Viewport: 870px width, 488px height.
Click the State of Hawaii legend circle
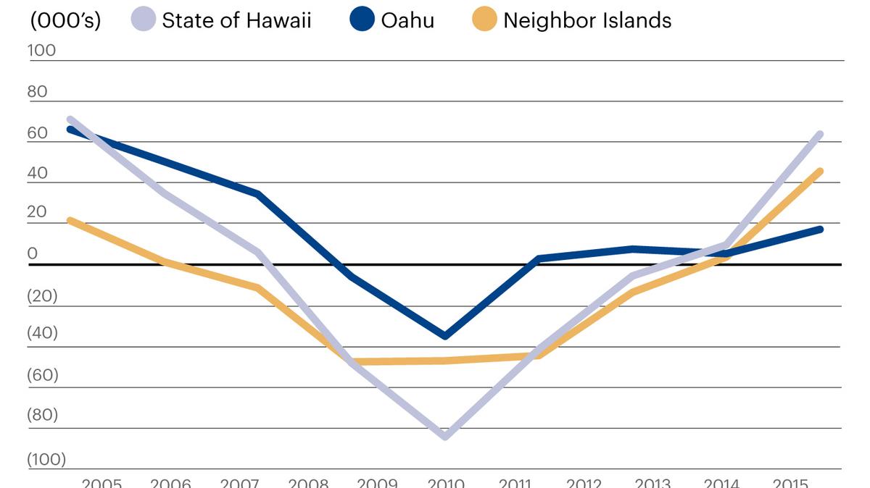pyautogui.click(x=144, y=20)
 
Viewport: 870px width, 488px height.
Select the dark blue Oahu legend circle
pyautogui.click(x=362, y=20)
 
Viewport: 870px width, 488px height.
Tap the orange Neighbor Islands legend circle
pyautogui.click(x=484, y=20)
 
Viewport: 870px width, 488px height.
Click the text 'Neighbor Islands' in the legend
pyautogui.click(x=587, y=20)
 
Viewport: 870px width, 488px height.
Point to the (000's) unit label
pyautogui.click(x=65, y=20)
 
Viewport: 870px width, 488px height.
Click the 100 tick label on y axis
pyautogui.click(x=41, y=50)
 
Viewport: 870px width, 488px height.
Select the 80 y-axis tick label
pyautogui.click(x=37, y=91)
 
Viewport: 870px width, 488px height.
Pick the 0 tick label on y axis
pyautogui.click(x=32, y=253)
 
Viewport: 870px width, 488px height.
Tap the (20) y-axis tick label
pyautogui.click(x=41, y=295)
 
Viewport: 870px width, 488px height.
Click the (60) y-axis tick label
pyautogui.click(x=42, y=375)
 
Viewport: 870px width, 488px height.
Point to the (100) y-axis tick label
pyautogui.click(x=46, y=458)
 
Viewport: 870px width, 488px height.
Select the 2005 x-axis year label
pyautogui.click(x=101, y=482)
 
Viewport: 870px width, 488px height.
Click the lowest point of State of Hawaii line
pyautogui.click(x=444, y=437)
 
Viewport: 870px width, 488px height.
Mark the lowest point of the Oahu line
pyautogui.click(x=444, y=336)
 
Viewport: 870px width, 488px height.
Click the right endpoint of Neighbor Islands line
pyautogui.click(x=820, y=171)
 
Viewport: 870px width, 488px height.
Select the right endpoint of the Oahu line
pyautogui.click(x=820, y=229)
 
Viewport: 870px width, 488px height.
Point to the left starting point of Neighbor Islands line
pyautogui.click(x=70, y=220)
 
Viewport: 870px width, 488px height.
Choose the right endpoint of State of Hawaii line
pyautogui.click(x=820, y=134)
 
